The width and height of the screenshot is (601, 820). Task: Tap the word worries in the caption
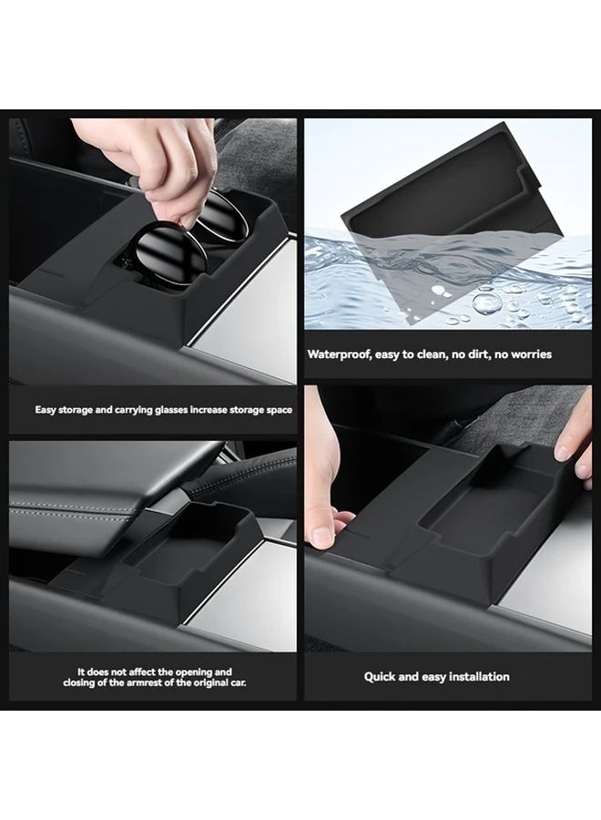pyautogui.click(x=531, y=354)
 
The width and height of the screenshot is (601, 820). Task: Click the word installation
pyautogui.click(x=479, y=677)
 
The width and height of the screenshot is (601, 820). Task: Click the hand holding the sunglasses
pyautogui.click(x=149, y=157)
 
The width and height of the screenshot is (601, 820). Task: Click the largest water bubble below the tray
pyautogui.click(x=487, y=302)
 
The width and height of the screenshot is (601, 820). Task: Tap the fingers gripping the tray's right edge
pyautogui.click(x=575, y=445)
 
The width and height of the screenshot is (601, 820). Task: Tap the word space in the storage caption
pyautogui.click(x=280, y=410)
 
